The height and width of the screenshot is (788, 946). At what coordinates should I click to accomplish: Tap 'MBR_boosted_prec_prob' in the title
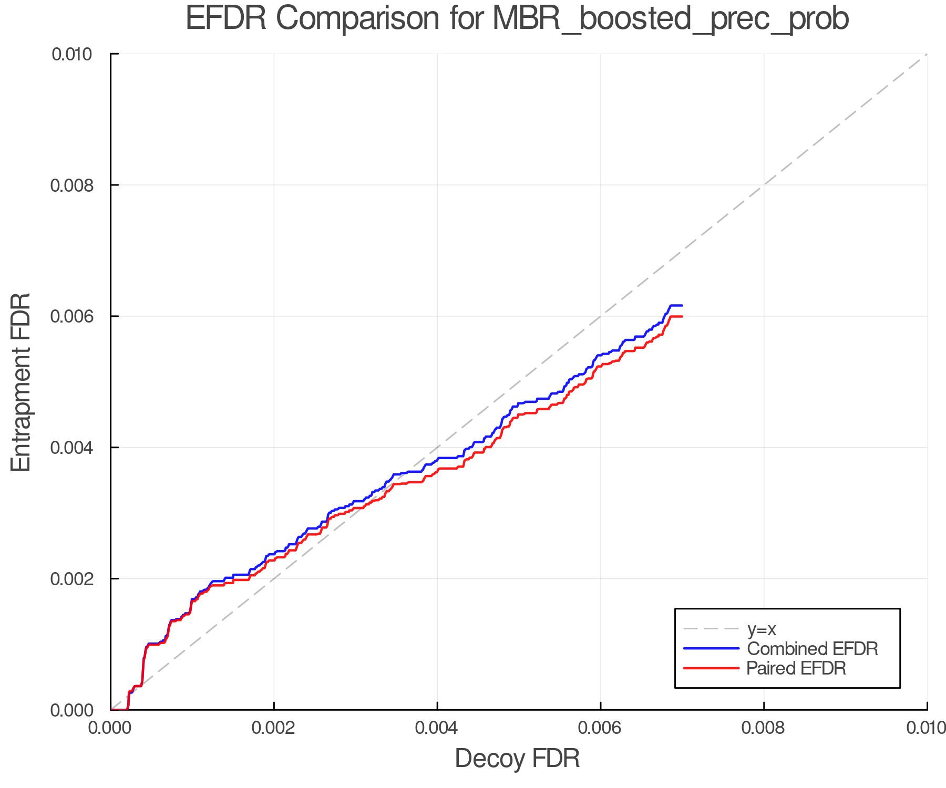click(671, 19)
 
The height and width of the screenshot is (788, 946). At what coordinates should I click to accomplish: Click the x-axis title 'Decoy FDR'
click(517, 759)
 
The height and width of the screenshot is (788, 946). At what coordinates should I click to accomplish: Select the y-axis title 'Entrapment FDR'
click(21, 382)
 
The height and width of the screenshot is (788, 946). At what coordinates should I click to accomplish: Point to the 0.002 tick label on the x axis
click(274, 728)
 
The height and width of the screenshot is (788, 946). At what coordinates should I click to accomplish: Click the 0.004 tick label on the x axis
click(437, 728)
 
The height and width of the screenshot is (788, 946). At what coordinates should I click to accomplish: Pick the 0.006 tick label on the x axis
click(601, 728)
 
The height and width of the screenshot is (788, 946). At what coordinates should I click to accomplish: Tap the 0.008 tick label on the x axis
click(764, 728)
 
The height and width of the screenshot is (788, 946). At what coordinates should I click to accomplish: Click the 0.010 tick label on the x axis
click(926, 728)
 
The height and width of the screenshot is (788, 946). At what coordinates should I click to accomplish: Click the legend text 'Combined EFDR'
click(813, 649)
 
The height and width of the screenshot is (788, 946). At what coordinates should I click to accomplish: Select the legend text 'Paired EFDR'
click(797, 668)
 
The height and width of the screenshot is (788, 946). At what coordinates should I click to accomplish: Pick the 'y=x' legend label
click(762, 629)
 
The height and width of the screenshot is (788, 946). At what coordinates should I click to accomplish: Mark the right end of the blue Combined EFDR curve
click(682, 305)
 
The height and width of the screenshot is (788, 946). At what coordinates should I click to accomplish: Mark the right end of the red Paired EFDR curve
click(682, 316)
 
